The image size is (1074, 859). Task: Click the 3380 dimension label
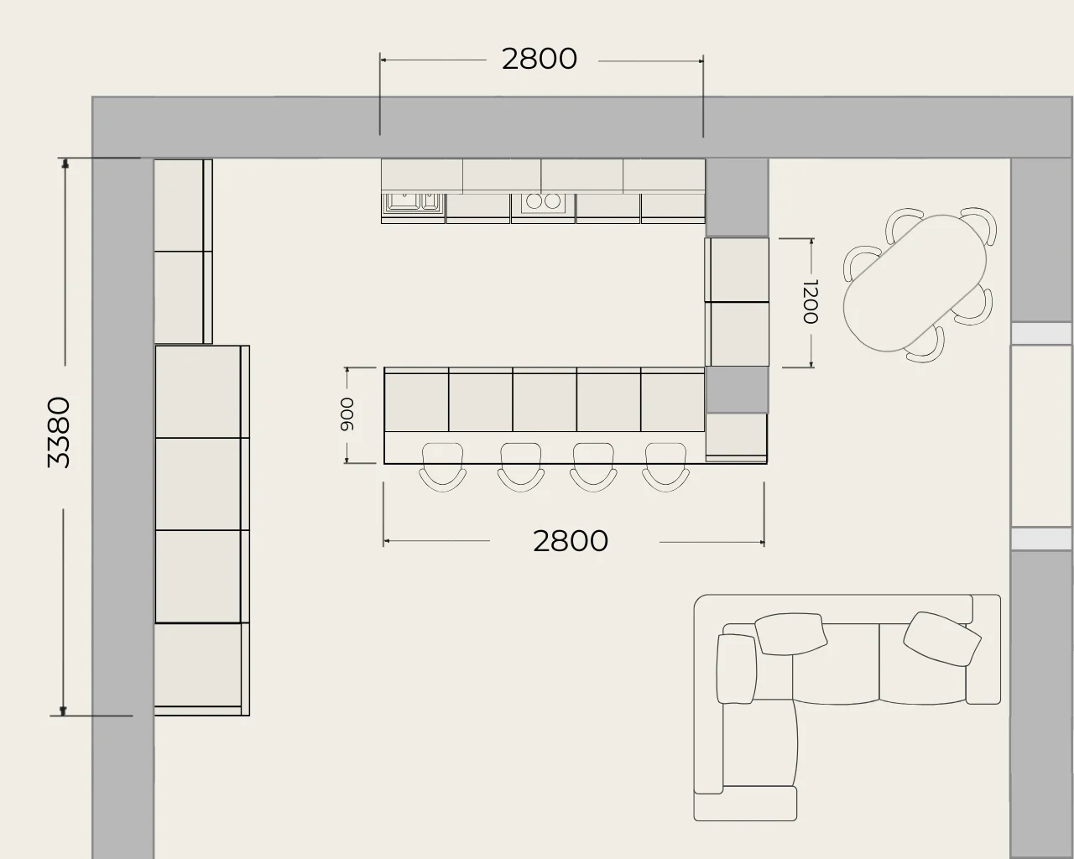(59, 432)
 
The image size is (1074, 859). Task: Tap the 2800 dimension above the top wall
(540, 59)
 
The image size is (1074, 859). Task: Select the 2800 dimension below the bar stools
(571, 541)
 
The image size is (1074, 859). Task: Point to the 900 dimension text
(347, 414)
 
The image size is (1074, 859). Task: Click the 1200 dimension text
(810, 301)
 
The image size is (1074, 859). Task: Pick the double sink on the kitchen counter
(413, 203)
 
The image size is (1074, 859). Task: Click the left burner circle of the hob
(534, 201)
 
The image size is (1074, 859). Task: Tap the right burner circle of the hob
(552, 201)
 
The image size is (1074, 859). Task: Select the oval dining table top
(915, 283)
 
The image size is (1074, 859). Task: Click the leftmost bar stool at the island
(443, 467)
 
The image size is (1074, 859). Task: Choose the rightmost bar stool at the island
(665, 467)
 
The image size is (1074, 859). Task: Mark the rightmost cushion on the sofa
(942, 638)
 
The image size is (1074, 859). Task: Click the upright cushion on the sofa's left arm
(736, 669)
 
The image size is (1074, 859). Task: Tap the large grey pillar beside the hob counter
(738, 198)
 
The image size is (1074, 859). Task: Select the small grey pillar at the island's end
(737, 390)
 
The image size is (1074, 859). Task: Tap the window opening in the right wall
(1041, 435)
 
